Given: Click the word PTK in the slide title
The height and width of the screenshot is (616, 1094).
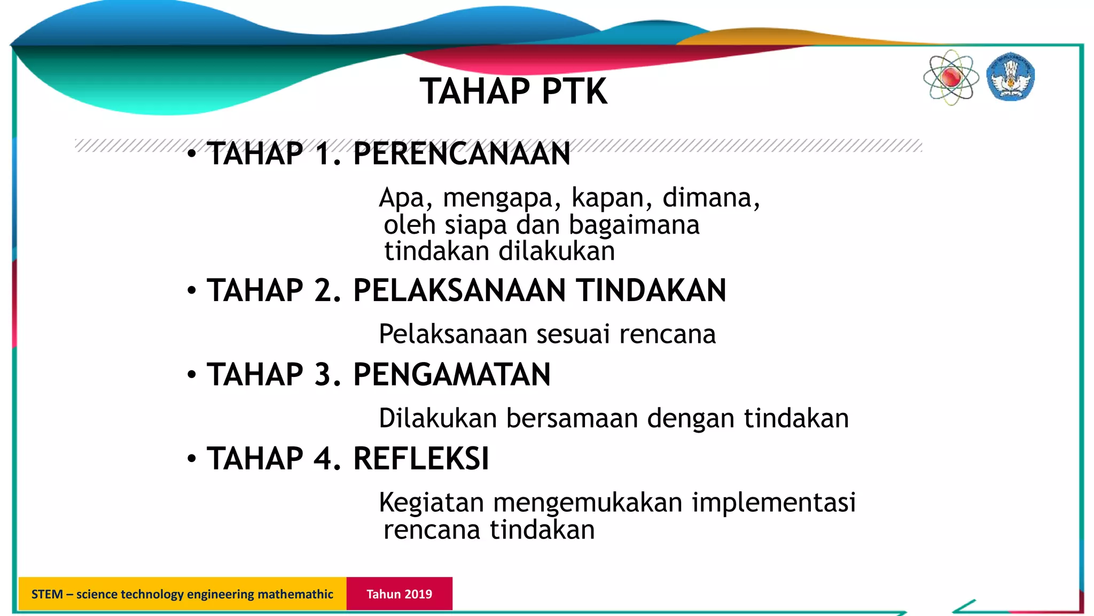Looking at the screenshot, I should tap(574, 91).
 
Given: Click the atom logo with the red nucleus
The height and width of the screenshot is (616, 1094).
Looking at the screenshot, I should tap(951, 78).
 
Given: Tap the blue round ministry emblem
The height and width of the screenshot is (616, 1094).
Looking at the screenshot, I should tap(1010, 77).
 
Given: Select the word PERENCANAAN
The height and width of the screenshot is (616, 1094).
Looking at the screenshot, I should tap(462, 154).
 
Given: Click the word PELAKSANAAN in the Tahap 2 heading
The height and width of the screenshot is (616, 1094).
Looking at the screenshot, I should tap(459, 290).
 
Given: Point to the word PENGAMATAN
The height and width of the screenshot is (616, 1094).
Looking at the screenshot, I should tap(451, 374).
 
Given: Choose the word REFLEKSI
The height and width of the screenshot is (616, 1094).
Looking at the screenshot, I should tap(421, 459).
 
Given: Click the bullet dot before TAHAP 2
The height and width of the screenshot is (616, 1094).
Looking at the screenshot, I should tap(192, 291).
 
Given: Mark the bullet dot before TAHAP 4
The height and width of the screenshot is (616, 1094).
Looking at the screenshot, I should tap(192, 459).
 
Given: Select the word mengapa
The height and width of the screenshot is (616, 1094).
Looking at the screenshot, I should tap(502, 198).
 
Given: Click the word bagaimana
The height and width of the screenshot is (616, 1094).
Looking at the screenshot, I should tap(634, 225).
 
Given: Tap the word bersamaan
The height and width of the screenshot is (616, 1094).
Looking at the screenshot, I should tap(572, 418).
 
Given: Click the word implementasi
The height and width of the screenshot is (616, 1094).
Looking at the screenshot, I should tap(773, 503).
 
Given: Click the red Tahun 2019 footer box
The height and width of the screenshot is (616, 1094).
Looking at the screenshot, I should tap(399, 594).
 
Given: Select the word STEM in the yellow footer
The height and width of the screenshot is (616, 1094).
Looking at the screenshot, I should tap(47, 594).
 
